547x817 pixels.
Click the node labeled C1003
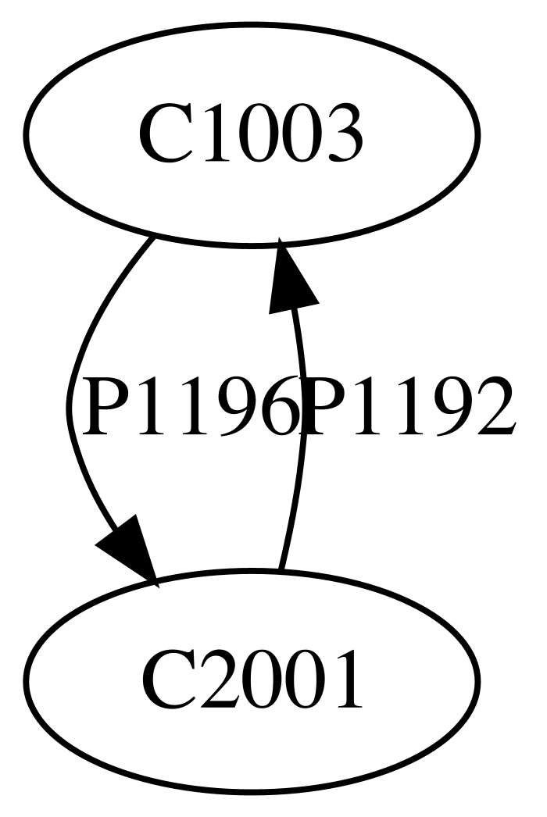pyautogui.click(x=250, y=135)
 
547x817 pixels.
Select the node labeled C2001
pyautogui.click(x=250, y=680)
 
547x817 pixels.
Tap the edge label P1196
pyautogui.click(x=191, y=406)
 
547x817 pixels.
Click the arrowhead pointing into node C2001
pyautogui.click(x=127, y=551)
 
